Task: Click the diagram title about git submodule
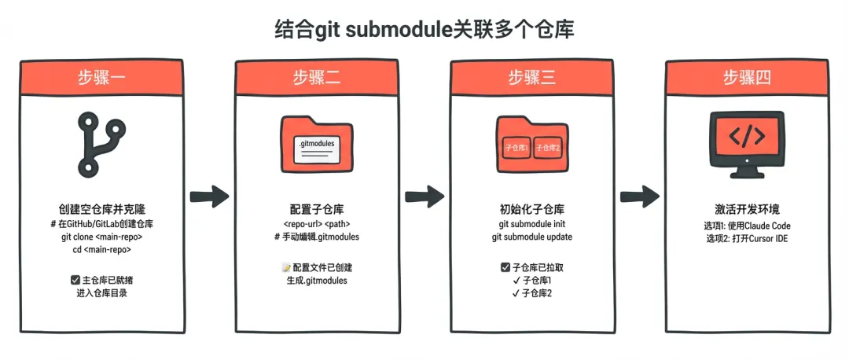click(x=424, y=30)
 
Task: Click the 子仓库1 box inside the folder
click(x=515, y=148)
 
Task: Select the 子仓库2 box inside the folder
click(x=549, y=148)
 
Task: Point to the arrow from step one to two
click(x=208, y=196)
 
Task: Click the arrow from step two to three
click(x=423, y=196)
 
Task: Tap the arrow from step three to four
click(x=638, y=196)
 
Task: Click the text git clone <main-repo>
click(x=101, y=237)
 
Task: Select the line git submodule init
click(x=531, y=224)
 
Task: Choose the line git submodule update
click(x=531, y=237)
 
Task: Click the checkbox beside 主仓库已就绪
click(x=74, y=280)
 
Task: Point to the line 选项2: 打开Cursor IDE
click(x=746, y=237)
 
